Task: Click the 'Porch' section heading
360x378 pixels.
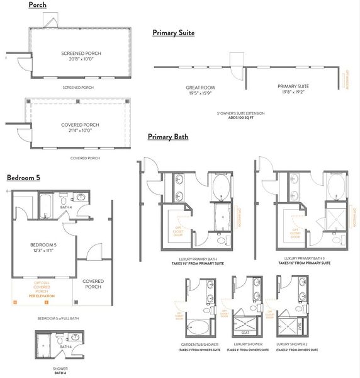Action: pyautogui.click(x=37, y=6)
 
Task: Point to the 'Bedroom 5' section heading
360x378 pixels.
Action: pyautogui.click(x=23, y=178)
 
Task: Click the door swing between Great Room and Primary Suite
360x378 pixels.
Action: pyautogui.click(x=236, y=62)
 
